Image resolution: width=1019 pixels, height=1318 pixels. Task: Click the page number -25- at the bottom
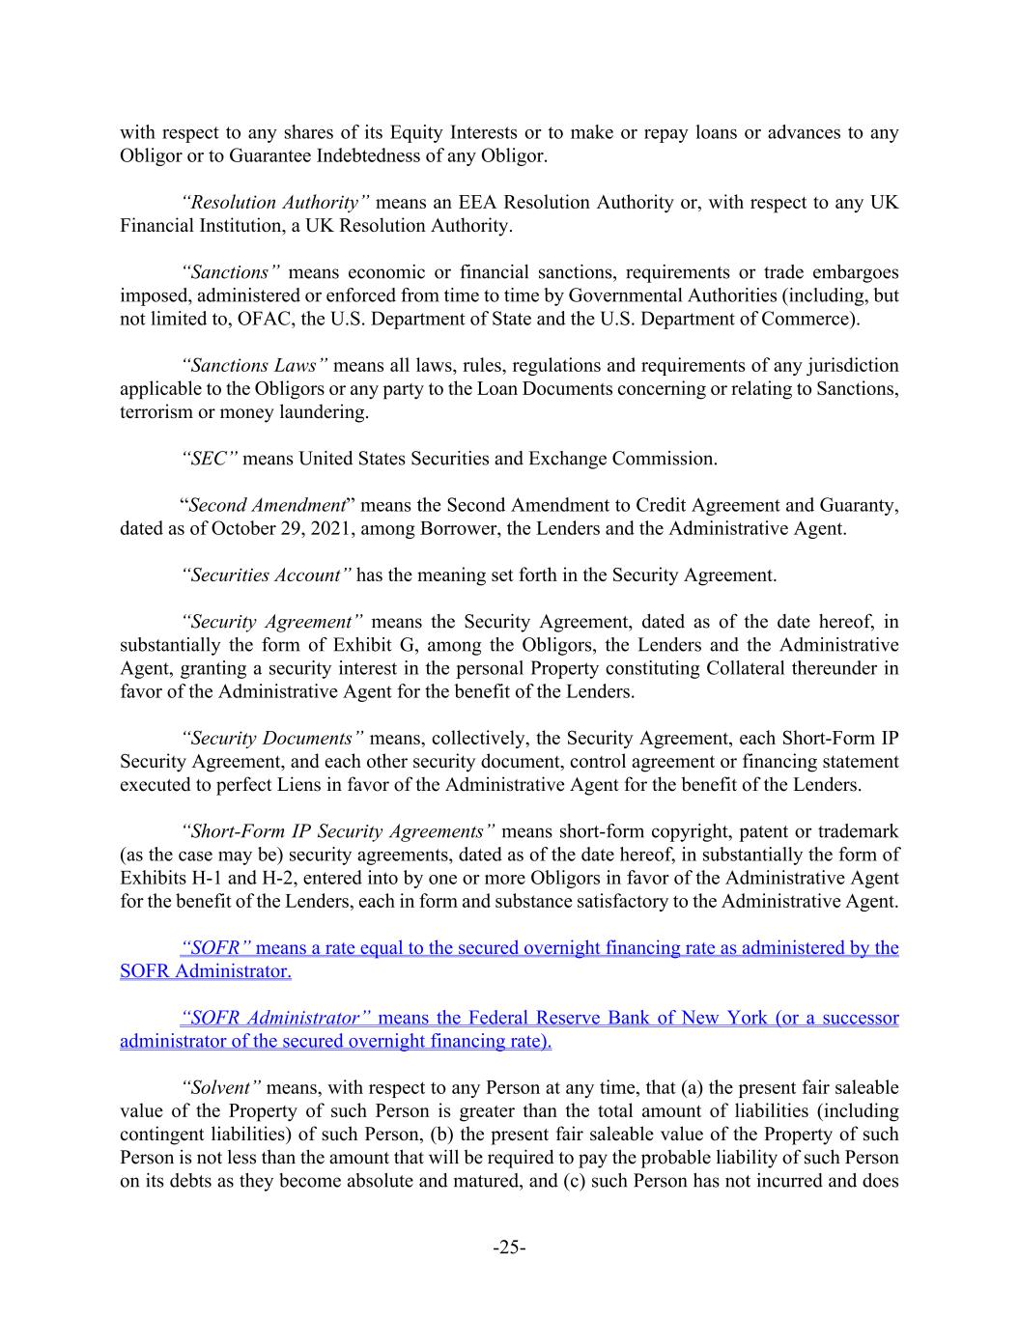pos(509,1248)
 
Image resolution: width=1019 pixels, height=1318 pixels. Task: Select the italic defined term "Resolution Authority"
pos(275,203)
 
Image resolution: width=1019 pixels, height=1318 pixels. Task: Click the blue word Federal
pos(505,1019)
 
